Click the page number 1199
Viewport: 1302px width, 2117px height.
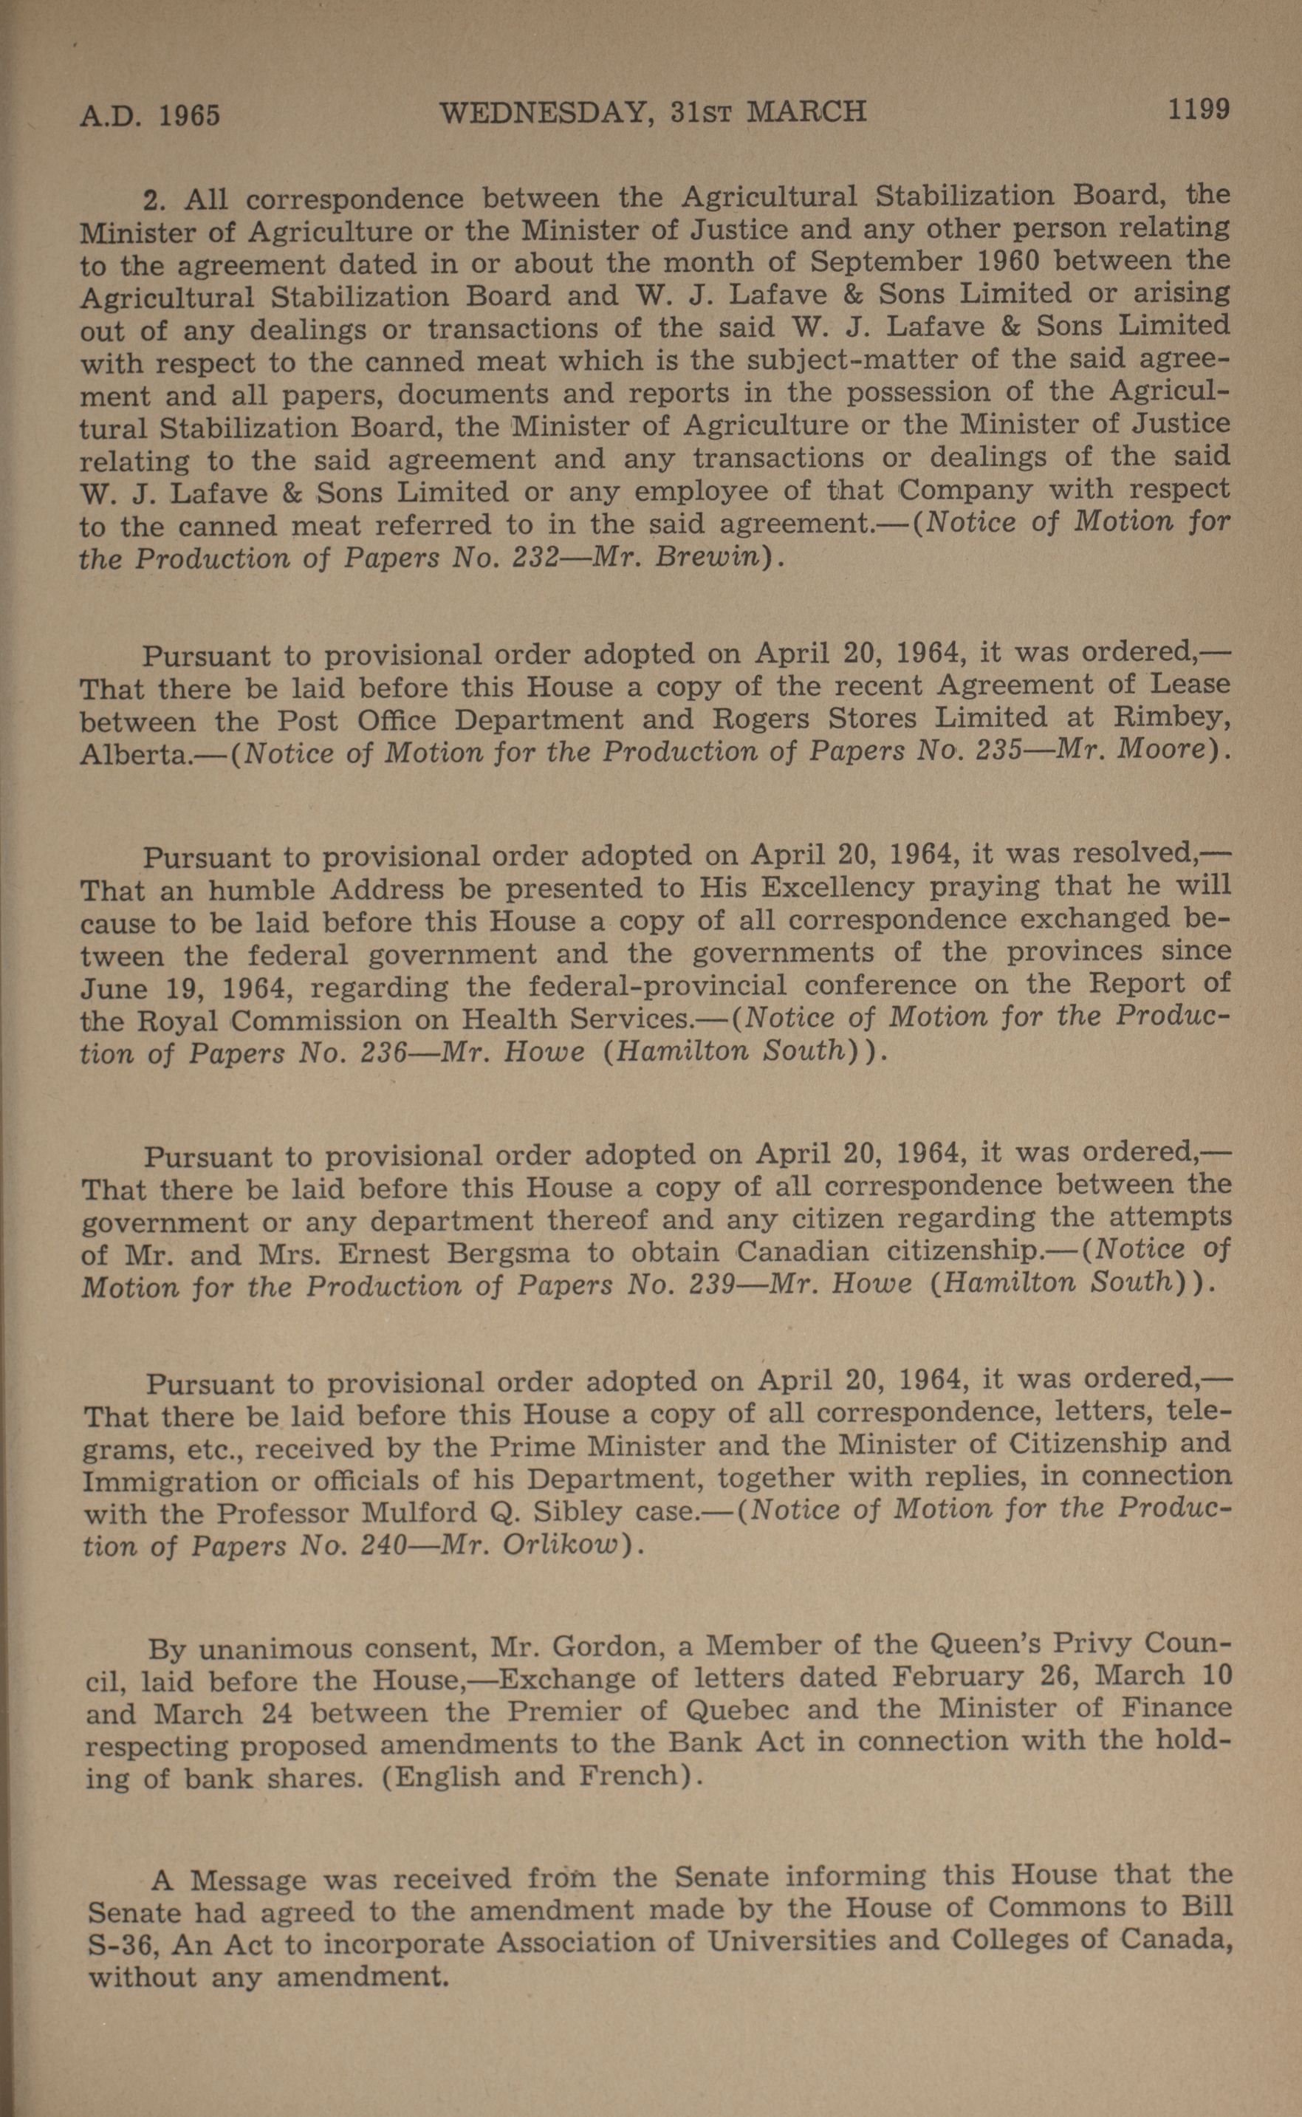pyautogui.click(x=1198, y=109)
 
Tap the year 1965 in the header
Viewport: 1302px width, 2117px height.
pyautogui.click(x=190, y=115)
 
